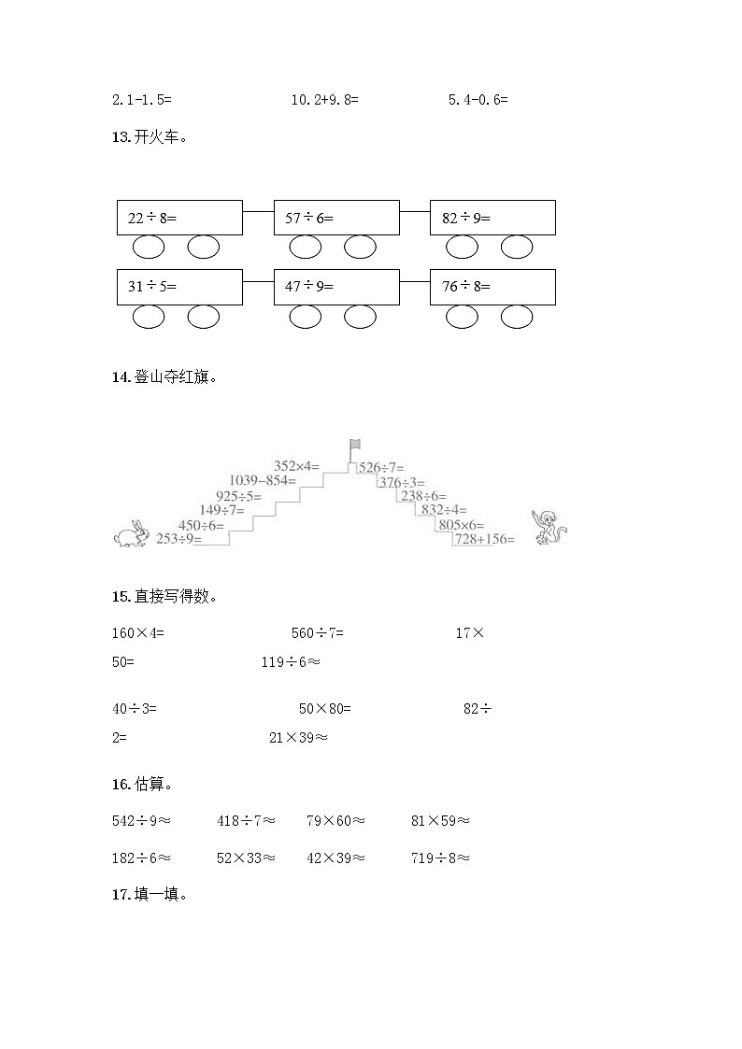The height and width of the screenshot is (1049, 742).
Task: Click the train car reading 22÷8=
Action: pos(179,218)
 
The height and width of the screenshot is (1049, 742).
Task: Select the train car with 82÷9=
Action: pos(492,218)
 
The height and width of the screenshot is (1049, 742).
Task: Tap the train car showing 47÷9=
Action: pos(336,287)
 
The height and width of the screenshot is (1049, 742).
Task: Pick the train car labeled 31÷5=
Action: pos(179,287)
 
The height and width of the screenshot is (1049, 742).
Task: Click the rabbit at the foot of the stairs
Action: pos(130,533)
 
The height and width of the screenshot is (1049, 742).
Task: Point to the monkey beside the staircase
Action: pos(549,528)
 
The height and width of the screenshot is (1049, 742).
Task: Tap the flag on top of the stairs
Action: pos(355,446)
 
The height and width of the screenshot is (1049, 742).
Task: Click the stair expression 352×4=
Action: pos(296,465)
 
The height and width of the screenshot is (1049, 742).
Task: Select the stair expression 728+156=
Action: pos(484,539)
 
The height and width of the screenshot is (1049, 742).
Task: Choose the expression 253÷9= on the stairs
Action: pos(179,539)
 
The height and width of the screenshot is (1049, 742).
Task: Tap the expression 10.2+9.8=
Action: pos(324,99)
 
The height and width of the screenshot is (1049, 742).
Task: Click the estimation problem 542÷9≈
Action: pos(141,821)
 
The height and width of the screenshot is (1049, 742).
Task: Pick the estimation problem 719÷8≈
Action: pos(440,858)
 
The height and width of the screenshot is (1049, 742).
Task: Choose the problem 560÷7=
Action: pos(318,633)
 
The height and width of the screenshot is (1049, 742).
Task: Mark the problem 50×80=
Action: pos(324,709)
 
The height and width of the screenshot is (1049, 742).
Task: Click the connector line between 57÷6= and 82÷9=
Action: pos(414,210)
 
